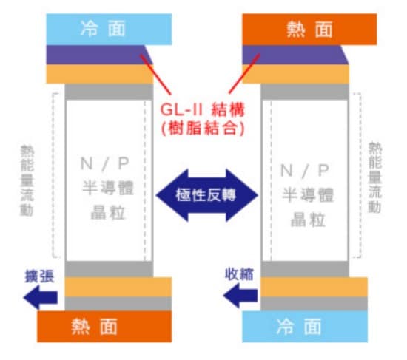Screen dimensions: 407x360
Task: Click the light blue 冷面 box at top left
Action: click(109, 29)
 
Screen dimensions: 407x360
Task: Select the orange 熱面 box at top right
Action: click(309, 29)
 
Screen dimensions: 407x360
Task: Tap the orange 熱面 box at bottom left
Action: click(104, 327)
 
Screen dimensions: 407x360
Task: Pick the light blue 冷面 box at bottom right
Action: click(305, 327)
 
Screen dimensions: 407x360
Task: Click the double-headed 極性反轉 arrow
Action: click(207, 195)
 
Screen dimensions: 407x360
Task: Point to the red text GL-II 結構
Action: click(203, 109)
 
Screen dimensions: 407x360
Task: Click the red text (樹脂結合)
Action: click(203, 128)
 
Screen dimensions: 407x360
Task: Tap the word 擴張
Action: click(39, 276)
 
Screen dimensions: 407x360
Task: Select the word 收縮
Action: click(239, 274)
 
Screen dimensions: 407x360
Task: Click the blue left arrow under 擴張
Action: click(41, 297)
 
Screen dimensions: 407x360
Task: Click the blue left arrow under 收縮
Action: click(240, 296)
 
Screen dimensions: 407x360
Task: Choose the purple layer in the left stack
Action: click(99, 55)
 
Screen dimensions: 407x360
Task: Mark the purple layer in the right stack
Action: click(295, 55)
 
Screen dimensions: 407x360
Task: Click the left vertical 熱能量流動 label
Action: click(27, 180)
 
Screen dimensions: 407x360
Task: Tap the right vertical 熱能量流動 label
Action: click(375, 177)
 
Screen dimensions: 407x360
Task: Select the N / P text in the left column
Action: click(105, 163)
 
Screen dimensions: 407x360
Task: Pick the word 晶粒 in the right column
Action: click(308, 220)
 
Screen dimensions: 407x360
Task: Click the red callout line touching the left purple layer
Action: click(155, 75)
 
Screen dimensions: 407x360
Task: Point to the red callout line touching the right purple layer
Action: click(244, 74)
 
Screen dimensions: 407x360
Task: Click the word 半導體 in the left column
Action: click(108, 188)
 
